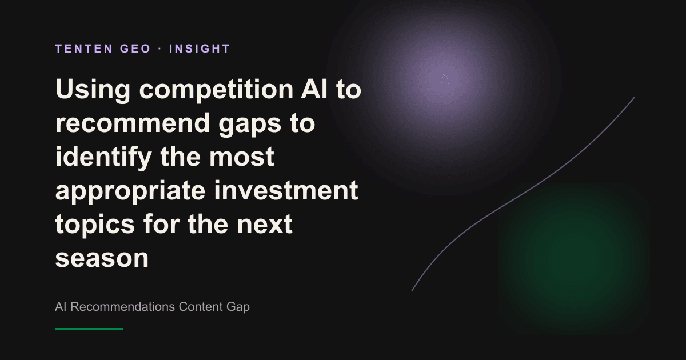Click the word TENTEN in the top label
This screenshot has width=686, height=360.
[x=84, y=49]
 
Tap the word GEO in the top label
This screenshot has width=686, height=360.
[x=135, y=49]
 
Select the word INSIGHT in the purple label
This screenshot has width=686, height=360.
[x=200, y=49]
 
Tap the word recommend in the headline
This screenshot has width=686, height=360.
[x=132, y=123]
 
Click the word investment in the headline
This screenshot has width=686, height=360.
[x=286, y=190]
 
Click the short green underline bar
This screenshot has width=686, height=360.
[x=89, y=329]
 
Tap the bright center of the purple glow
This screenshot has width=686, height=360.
[x=444, y=79]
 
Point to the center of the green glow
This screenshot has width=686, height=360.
[x=573, y=259]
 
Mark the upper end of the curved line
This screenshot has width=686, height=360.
[x=634, y=98]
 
